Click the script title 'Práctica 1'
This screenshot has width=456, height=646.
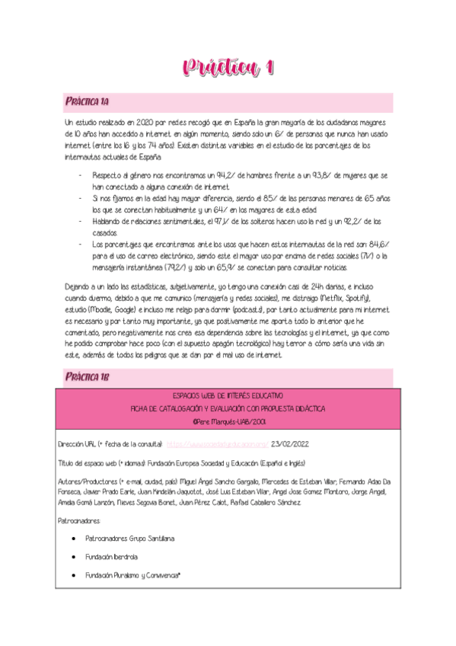pos(228,69)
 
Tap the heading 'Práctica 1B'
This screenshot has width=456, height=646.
pos(87,376)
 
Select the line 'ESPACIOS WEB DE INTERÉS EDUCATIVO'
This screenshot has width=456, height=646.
pos(228,396)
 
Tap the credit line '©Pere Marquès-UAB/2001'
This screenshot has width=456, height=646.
pos(228,420)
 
